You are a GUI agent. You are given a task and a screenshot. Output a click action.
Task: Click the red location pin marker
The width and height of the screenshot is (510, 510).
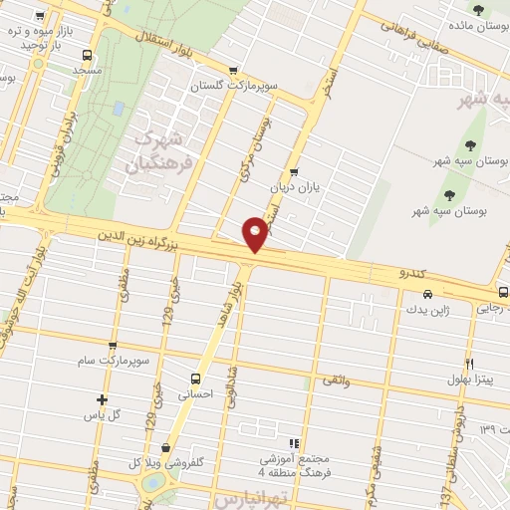tap(255, 233)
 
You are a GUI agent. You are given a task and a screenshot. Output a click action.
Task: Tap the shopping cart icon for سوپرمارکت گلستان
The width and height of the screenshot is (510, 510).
tap(233, 71)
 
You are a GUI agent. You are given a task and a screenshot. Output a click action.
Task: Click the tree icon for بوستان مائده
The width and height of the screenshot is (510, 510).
tap(479, 12)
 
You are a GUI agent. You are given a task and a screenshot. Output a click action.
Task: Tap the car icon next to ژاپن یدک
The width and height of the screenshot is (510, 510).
tap(427, 294)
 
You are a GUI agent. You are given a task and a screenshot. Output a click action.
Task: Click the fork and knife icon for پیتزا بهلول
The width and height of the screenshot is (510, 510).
tap(468, 364)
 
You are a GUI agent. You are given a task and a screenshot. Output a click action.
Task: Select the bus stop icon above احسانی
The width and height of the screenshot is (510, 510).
tap(194, 379)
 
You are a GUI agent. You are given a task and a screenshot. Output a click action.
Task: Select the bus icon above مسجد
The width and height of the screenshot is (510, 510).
tap(87, 56)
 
